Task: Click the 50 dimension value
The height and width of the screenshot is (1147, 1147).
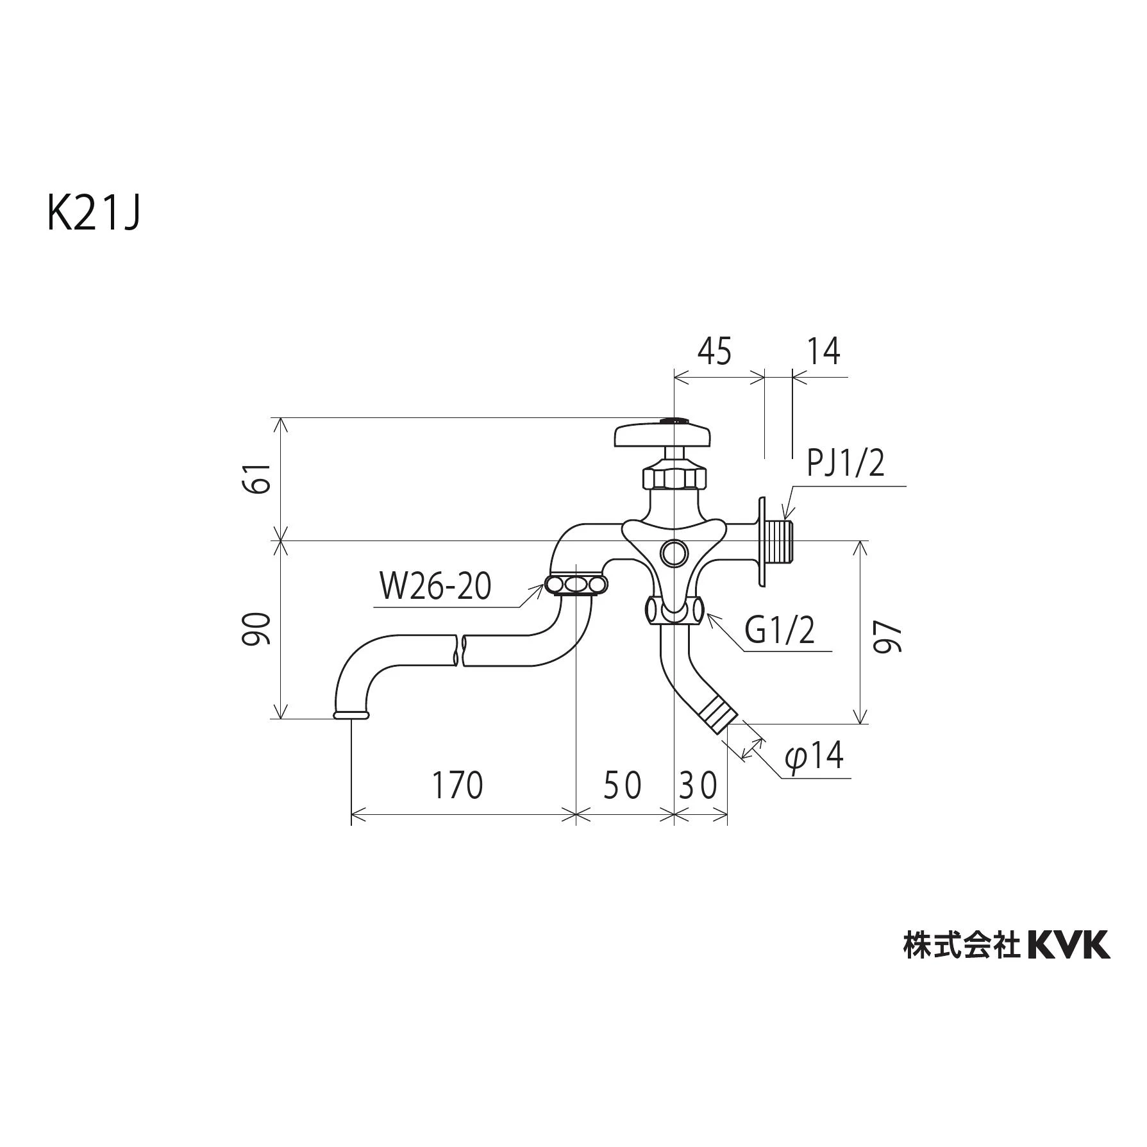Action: coord(622,785)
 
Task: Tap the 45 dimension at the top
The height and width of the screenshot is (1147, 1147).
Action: coord(714,351)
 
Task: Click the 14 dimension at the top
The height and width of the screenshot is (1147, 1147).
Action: coord(823,351)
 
